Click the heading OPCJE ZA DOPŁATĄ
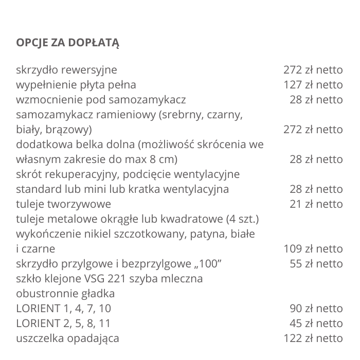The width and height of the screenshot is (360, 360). (67, 42)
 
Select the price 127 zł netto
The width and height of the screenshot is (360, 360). (313, 84)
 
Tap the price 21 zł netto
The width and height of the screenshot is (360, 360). (316, 204)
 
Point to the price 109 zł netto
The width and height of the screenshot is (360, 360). (313, 249)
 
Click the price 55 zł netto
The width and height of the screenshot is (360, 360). (316, 264)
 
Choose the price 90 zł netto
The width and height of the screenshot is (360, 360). (316, 309)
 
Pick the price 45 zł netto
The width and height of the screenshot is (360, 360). (316, 323)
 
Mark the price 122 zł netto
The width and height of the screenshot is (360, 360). (313, 338)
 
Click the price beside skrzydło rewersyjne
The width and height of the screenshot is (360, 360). (313, 69)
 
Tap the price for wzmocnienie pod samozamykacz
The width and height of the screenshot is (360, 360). (316, 99)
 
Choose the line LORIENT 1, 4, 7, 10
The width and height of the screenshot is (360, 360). (63, 309)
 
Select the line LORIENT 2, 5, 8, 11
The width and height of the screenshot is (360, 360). (63, 323)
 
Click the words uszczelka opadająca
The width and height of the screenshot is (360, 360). (67, 338)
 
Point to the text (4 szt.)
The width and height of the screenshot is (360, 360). (242, 219)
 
